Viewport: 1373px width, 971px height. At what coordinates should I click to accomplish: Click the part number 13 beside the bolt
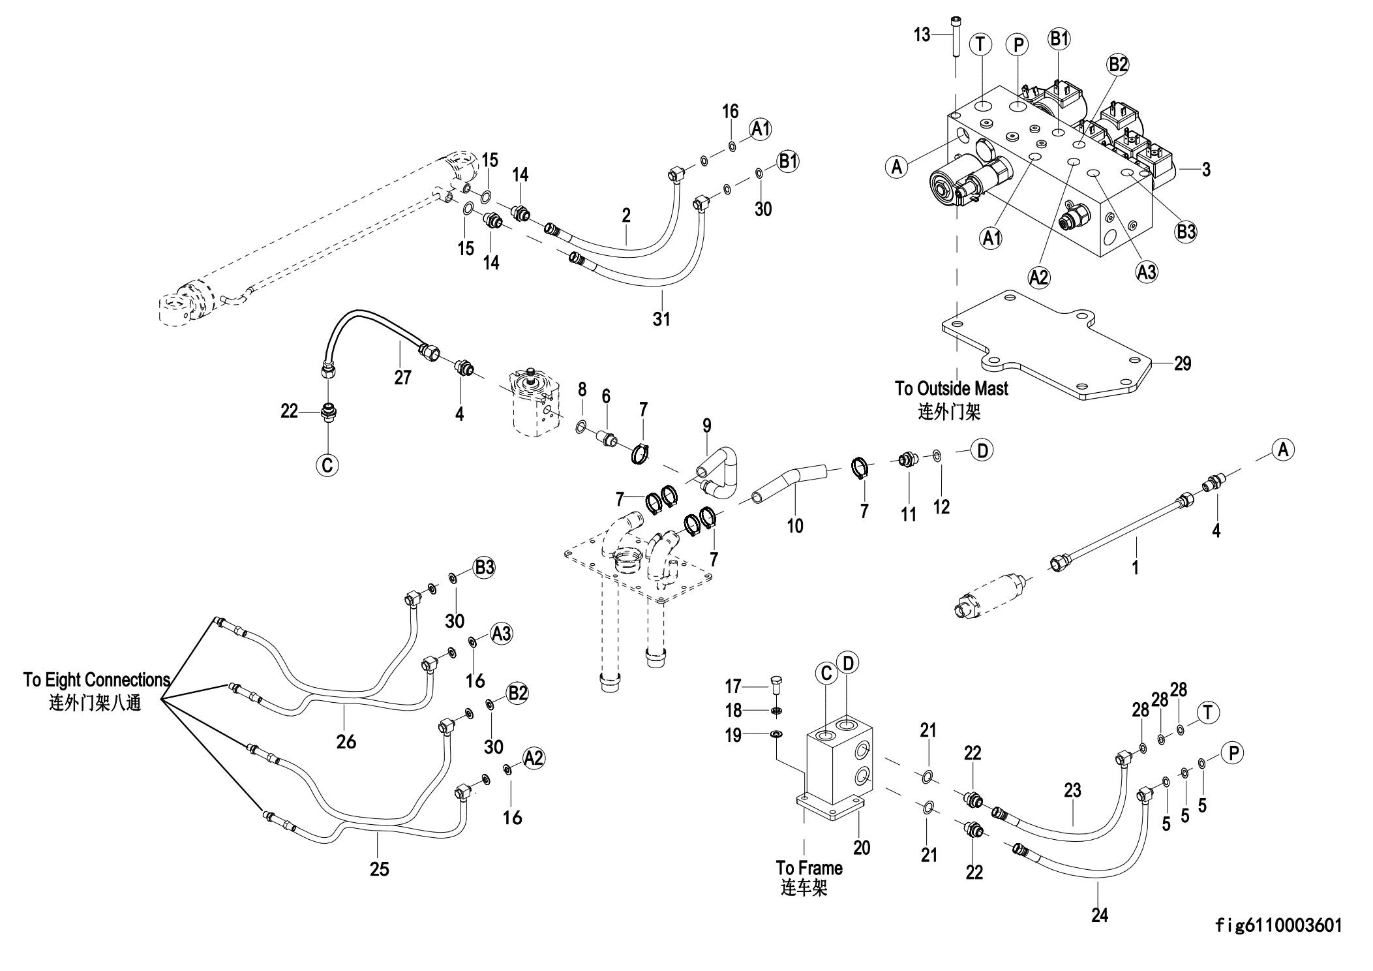922,34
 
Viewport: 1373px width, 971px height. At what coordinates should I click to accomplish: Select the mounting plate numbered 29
1044,352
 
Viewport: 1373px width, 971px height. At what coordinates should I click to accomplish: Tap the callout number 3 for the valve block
1206,169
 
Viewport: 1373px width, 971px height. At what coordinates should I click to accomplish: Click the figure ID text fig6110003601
1278,925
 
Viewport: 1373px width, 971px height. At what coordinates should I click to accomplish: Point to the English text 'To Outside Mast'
951,389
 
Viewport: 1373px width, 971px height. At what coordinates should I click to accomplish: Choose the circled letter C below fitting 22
327,465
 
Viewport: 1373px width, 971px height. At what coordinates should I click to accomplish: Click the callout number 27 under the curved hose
402,377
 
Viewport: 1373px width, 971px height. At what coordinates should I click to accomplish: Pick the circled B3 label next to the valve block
1186,232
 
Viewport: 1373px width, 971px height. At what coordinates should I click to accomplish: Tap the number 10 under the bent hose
795,525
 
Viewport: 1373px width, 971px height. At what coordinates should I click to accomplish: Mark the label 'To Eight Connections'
97,680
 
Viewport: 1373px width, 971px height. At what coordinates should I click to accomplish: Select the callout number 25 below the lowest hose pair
379,869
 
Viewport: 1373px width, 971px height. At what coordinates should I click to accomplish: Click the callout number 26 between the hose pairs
346,741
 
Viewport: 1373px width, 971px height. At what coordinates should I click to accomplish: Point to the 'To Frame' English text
809,868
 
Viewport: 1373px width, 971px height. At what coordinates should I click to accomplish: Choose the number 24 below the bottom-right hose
1100,916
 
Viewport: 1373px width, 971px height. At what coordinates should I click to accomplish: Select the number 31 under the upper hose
661,319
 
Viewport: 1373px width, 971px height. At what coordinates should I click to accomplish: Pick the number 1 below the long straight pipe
1135,568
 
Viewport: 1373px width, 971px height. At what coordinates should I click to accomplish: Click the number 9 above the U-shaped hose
707,426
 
